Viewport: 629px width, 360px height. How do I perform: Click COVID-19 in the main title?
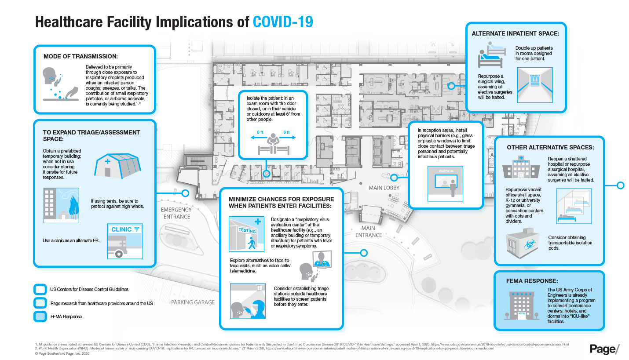pos(283,22)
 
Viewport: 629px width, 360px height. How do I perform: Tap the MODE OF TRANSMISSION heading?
pos(80,57)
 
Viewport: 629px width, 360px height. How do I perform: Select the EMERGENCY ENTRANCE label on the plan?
pos(176,213)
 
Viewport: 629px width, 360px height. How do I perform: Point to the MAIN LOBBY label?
pos(384,188)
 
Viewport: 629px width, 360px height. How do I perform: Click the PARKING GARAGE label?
pos(193,302)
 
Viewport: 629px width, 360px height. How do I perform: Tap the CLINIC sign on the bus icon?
pos(122,229)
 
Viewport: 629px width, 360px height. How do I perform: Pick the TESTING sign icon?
pos(246,230)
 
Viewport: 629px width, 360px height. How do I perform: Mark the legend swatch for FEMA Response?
pos(40,316)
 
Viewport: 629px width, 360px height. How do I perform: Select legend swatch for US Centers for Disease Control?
pos(40,289)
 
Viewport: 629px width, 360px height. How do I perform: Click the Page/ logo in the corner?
pos(604,349)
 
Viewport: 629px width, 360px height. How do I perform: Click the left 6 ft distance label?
pos(260,132)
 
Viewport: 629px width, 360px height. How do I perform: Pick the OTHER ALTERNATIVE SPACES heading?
pos(550,147)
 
